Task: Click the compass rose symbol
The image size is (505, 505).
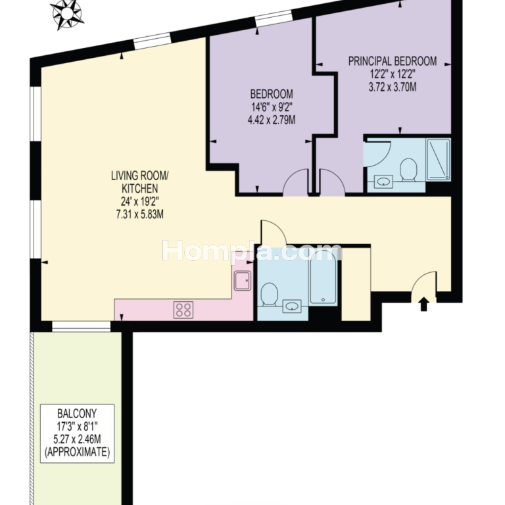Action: [67, 14]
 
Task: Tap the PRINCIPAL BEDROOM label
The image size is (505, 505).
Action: [393, 61]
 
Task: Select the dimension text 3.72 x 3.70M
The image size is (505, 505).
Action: [393, 87]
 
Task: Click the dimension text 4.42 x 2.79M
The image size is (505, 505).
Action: [272, 120]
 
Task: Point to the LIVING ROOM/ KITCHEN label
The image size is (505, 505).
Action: [140, 182]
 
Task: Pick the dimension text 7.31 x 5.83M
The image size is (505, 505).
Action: [140, 214]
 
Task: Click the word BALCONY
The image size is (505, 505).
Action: [77, 413]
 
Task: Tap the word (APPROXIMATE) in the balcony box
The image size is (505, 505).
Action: [78, 452]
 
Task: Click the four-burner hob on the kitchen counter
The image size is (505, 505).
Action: [183, 310]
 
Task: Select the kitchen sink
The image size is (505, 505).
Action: [242, 281]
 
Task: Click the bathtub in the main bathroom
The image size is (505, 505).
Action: [323, 277]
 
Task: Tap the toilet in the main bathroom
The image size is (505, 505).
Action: [269, 293]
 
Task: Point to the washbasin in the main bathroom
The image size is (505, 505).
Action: [292, 306]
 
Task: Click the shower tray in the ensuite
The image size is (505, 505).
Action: [439, 159]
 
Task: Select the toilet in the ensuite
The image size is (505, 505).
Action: [408, 170]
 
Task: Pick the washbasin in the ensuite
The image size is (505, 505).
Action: [383, 182]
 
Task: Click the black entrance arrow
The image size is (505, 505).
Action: [424, 304]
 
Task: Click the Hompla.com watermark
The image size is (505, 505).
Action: [252, 251]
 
